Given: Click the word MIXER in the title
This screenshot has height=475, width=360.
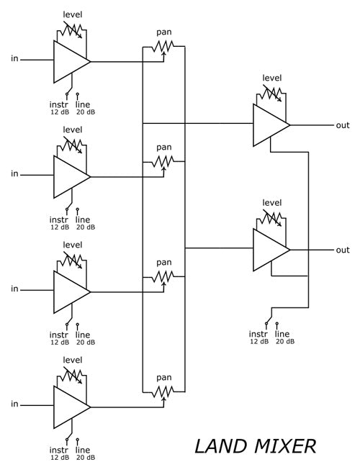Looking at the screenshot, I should click(x=284, y=445).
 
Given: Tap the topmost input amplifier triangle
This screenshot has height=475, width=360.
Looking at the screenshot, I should click(x=70, y=61).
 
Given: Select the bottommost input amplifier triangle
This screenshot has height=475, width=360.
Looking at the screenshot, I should click(x=70, y=406).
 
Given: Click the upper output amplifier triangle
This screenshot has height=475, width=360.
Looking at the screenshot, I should click(x=269, y=125).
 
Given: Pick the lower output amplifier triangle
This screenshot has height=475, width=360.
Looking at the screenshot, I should click(x=269, y=250).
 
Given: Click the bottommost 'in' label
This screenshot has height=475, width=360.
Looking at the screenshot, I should click(x=14, y=404).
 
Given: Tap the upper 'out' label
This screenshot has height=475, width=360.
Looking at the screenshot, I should click(x=343, y=125).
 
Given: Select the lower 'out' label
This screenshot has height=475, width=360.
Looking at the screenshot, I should click(x=343, y=250).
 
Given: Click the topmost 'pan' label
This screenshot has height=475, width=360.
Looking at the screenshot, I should click(x=164, y=33).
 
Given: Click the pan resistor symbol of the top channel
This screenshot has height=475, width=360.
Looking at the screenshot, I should click(x=164, y=47).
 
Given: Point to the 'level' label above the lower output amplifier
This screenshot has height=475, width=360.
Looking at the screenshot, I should click(x=272, y=202).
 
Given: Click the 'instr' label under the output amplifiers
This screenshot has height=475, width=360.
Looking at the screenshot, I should click(x=258, y=333).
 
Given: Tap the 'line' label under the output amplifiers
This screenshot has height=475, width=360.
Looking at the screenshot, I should click(x=282, y=333).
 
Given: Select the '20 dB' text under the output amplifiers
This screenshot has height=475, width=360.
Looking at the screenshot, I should click(x=285, y=342).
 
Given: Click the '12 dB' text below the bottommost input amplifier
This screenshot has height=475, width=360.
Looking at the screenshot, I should click(x=60, y=457).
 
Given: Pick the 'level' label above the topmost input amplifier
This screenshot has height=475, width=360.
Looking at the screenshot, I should click(x=73, y=14).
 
